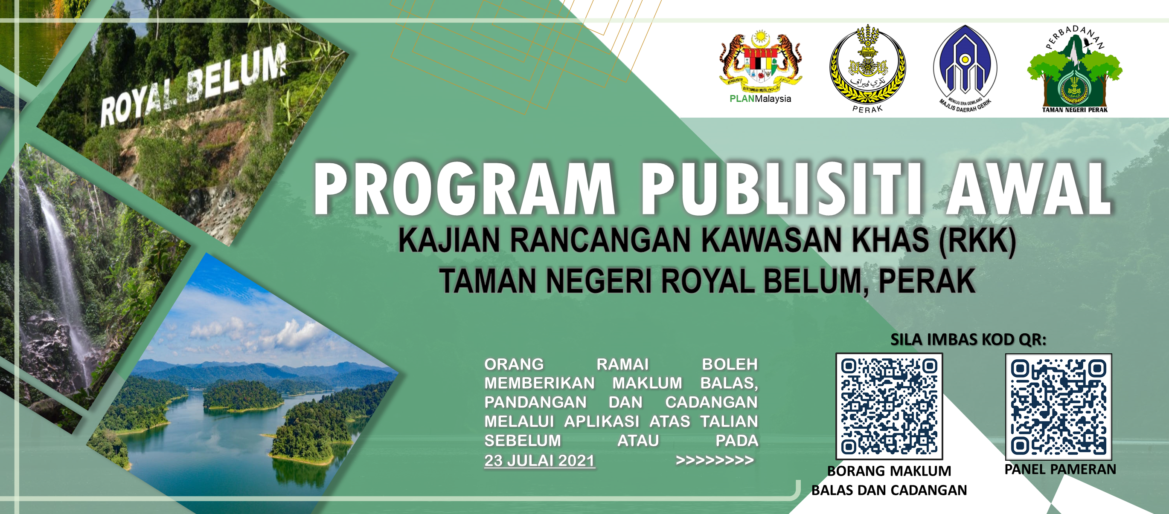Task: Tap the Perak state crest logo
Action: point(867,68)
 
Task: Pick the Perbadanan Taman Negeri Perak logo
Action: point(1075,69)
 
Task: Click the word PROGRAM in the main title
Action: point(464,188)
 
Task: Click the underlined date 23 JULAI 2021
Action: point(540,461)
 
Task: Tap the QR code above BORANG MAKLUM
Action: point(889,407)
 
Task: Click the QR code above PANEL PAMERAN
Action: point(1058,407)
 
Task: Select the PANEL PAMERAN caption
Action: point(1060,470)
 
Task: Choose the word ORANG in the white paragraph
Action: point(514,364)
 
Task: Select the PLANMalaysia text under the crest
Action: point(760,99)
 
